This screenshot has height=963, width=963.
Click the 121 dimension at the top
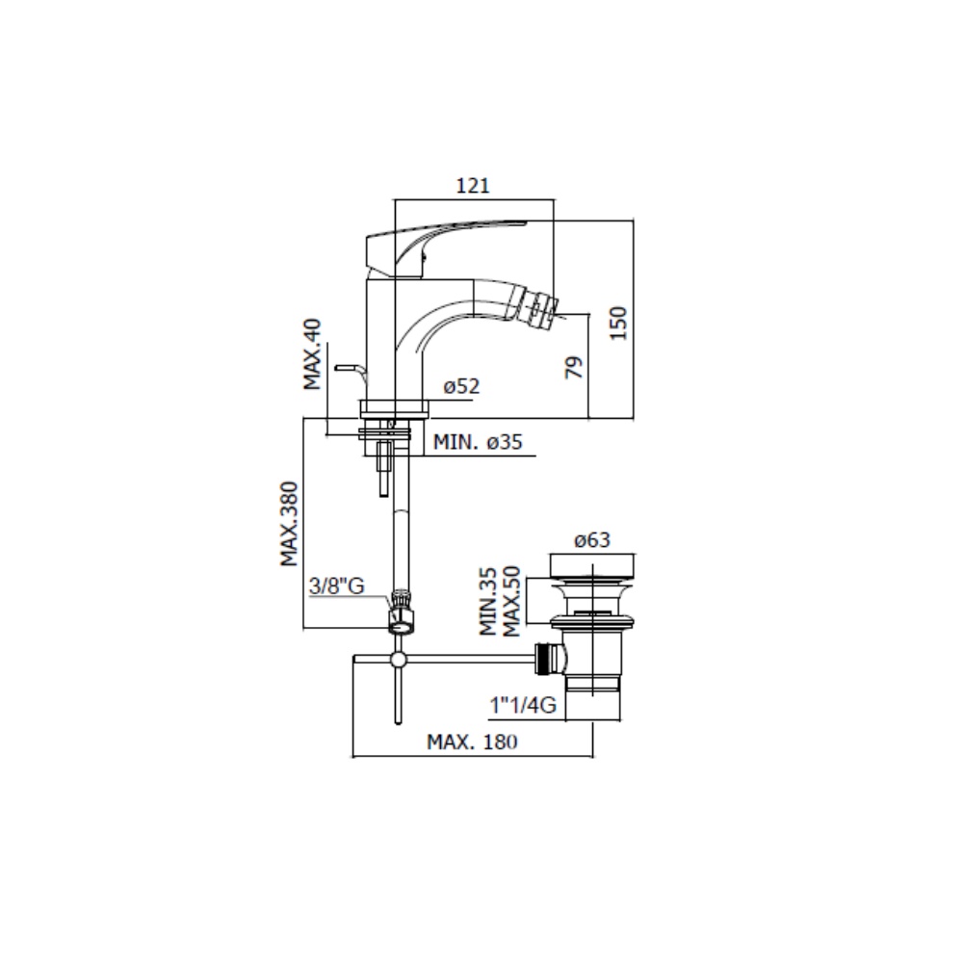pos(473,185)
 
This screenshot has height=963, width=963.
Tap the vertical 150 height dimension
pos(618,323)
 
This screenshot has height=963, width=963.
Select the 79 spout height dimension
pos(574,367)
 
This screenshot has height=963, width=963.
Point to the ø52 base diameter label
pos(461,386)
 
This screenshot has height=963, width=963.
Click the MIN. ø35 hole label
pos(478,442)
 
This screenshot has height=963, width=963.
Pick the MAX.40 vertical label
pos(312,354)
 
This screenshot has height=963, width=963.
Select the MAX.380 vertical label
pos(289,524)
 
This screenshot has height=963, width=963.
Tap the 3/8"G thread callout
pos(336,586)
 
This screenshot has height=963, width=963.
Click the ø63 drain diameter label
pos(592,540)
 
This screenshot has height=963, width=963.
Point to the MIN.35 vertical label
pos(487,602)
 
